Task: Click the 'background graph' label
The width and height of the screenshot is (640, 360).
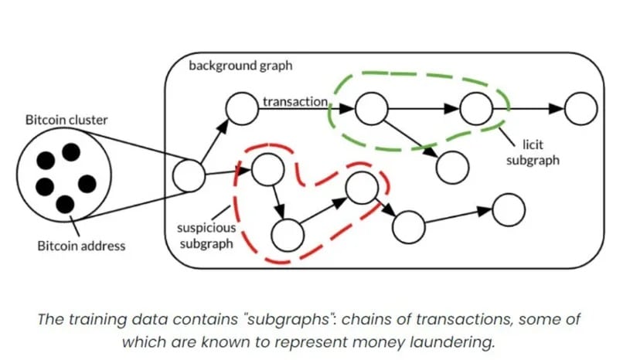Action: click(x=240, y=66)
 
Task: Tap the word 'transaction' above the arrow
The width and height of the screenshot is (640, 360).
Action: click(x=295, y=101)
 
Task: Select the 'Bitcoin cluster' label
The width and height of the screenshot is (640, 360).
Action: click(x=66, y=120)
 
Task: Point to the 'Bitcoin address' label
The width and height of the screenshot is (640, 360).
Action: click(x=81, y=246)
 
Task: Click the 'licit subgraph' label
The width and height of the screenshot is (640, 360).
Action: click(x=533, y=152)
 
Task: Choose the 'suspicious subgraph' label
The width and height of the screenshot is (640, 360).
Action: click(x=206, y=236)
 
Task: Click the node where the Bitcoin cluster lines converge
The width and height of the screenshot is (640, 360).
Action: click(x=189, y=175)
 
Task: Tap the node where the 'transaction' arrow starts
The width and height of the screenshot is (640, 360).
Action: click(x=242, y=109)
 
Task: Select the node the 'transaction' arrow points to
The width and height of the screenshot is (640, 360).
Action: click(x=372, y=109)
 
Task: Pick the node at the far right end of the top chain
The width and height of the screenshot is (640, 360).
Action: click(x=580, y=109)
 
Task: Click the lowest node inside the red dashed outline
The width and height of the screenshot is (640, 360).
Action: click(x=288, y=235)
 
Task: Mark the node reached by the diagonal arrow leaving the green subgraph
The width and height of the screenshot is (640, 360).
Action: click(x=452, y=168)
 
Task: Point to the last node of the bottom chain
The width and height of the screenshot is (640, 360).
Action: click(x=509, y=210)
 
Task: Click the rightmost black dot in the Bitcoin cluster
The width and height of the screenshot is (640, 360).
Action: click(x=87, y=184)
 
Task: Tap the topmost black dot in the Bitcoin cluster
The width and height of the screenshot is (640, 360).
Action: click(x=71, y=152)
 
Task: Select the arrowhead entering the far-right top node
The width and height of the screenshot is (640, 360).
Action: click(x=557, y=109)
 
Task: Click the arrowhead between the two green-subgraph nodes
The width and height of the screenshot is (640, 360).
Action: click(x=452, y=109)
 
